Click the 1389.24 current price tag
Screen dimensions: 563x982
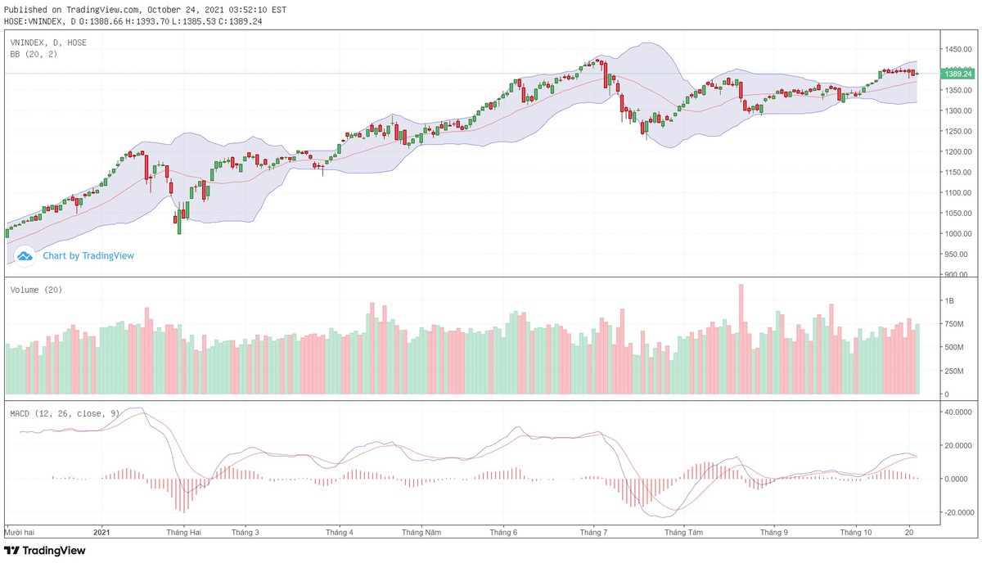(958, 74)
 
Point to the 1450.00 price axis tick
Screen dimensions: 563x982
(958, 49)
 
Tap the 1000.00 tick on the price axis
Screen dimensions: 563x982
(958, 234)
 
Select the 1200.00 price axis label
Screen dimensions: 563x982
(958, 152)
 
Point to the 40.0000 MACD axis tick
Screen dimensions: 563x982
(958, 412)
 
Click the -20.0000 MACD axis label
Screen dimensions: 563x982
(958, 513)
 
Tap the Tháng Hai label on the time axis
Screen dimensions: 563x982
(183, 532)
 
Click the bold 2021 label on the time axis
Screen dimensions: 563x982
(101, 532)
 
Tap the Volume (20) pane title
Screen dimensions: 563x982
(36, 290)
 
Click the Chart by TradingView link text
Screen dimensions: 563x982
(88, 256)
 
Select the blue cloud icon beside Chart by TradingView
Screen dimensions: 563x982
(25, 256)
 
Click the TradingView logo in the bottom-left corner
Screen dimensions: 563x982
(45, 551)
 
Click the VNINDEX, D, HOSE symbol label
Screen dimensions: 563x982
(47, 42)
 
